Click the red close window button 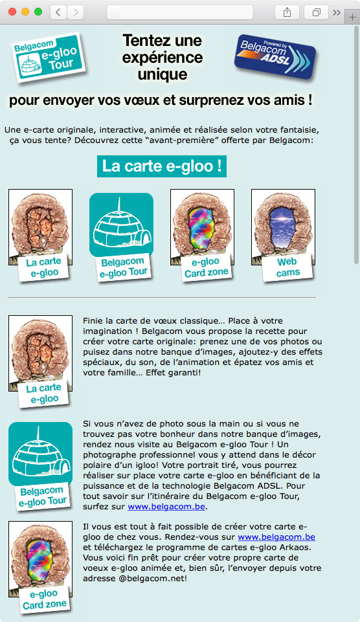(x=12, y=12)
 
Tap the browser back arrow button (x=58, y=12)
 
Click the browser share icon (x=287, y=12)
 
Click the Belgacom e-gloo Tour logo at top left (x=49, y=57)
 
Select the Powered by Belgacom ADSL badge (x=275, y=56)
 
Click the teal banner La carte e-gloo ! (x=162, y=166)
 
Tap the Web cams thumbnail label (x=287, y=267)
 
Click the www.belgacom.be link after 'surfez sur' (x=166, y=507)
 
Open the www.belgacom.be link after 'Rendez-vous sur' (x=276, y=537)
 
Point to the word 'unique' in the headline (x=163, y=74)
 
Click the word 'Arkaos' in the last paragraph (x=296, y=548)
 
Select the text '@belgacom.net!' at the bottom (x=153, y=579)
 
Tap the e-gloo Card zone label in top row (x=206, y=267)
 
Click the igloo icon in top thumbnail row (x=122, y=225)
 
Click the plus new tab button (x=352, y=17)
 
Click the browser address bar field (x=180, y=12)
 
